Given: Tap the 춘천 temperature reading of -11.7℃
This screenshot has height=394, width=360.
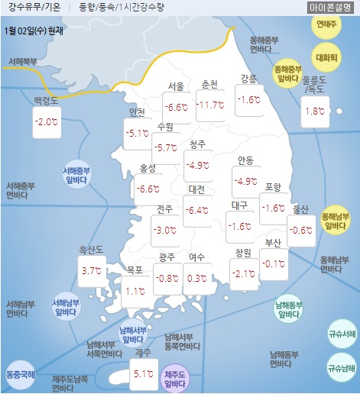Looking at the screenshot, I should click(x=209, y=105).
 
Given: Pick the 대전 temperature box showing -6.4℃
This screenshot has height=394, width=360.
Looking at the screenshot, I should click(x=198, y=211).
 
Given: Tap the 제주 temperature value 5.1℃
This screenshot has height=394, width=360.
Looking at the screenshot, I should click(x=143, y=375).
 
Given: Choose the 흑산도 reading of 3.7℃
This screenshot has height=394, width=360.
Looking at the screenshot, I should click(x=91, y=271).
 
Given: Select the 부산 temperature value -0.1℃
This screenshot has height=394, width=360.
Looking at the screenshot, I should click(x=274, y=265).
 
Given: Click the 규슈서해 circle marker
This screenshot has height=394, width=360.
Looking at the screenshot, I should click(x=341, y=334).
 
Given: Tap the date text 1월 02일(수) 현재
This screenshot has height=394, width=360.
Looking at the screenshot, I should click(x=34, y=32).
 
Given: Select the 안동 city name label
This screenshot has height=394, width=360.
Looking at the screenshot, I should click(x=245, y=161).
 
